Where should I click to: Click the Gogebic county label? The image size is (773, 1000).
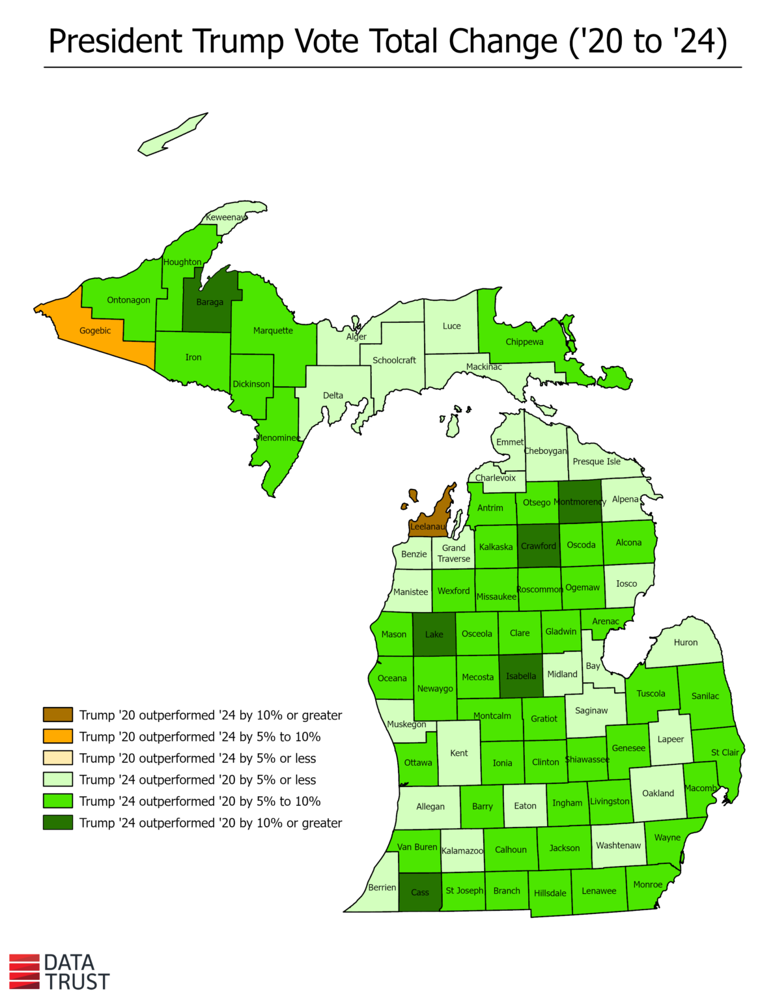(95, 331)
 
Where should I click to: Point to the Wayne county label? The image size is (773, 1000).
(668, 837)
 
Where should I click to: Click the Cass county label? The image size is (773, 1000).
(420, 893)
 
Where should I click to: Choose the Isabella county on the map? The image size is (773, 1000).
(521, 676)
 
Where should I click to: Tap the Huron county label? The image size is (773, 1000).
(686, 643)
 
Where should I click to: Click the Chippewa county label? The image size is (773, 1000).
(524, 342)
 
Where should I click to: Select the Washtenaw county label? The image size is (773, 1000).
(619, 845)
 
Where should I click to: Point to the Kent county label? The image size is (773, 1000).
(459, 753)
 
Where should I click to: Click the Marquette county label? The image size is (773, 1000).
(273, 331)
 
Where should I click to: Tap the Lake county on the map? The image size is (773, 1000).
(434, 634)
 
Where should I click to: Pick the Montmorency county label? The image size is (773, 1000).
(580, 502)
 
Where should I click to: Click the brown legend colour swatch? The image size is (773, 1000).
(58, 715)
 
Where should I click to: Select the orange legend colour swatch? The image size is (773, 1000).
(58, 736)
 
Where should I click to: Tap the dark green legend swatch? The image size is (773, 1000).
(58, 823)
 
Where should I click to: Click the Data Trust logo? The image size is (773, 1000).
(59, 972)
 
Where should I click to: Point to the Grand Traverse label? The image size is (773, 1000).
(454, 553)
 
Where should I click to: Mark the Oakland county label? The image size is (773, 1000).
(658, 793)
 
